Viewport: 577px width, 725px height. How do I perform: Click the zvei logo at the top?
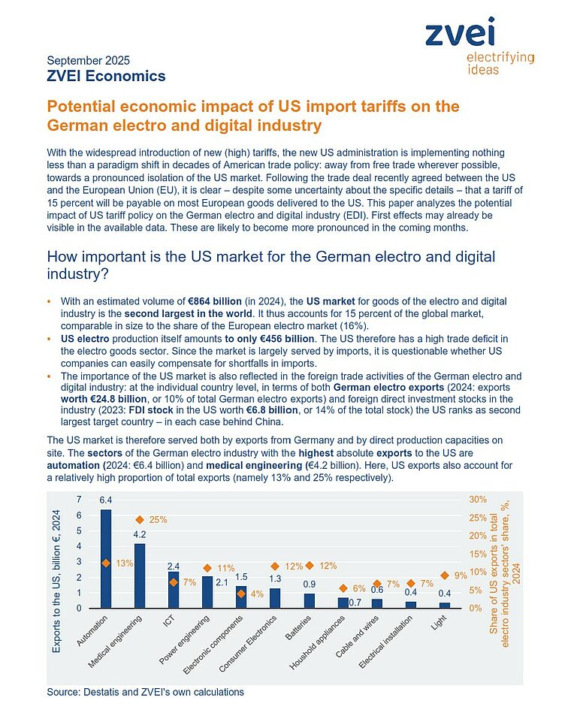click(460, 34)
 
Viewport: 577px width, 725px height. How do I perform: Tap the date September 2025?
click(88, 61)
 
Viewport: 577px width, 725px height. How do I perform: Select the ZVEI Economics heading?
click(106, 76)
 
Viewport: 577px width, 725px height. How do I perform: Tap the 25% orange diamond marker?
click(140, 520)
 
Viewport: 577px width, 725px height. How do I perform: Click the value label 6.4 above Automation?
click(106, 500)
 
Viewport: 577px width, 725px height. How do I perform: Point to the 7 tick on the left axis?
click(79, 500)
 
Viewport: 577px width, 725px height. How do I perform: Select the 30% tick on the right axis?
click(478, 500)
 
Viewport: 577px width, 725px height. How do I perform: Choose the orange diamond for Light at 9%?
click(445, 575)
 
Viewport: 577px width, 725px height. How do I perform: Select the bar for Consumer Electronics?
click(275, 598)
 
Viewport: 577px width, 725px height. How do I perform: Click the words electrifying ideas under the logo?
click(500, 63)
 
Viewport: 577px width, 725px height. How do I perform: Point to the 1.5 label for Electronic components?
click(241, 577)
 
